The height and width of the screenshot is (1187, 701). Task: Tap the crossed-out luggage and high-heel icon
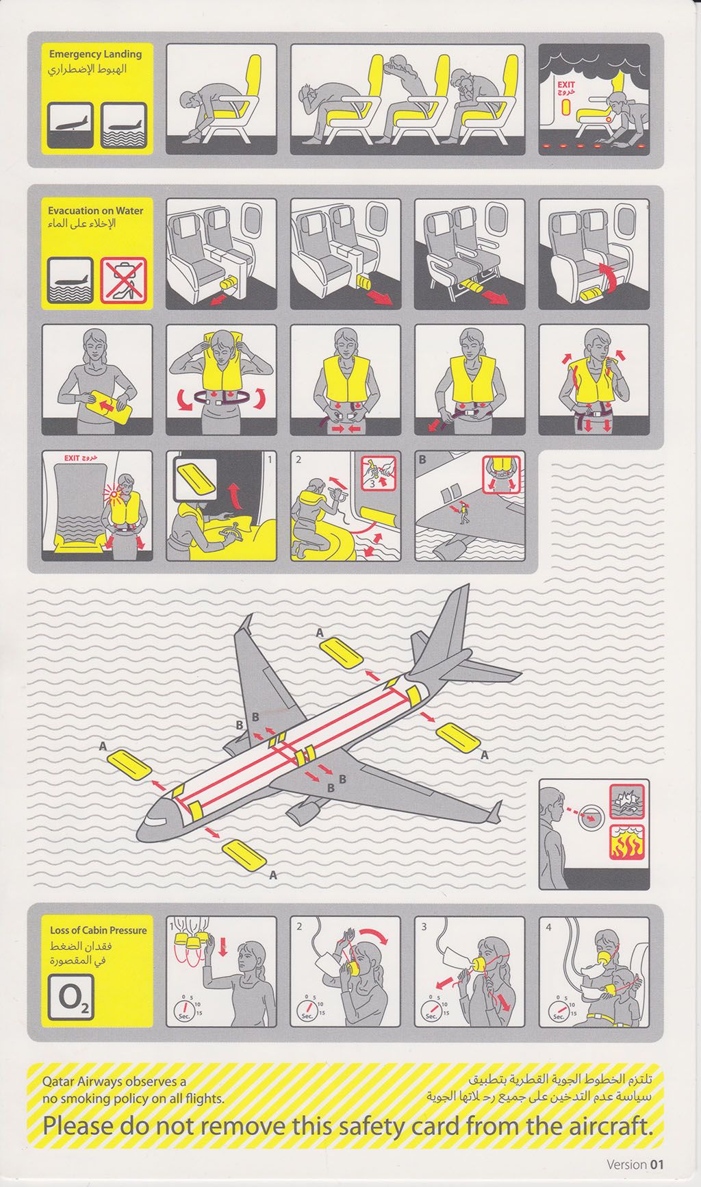pyautogui.click(x=123, y=279)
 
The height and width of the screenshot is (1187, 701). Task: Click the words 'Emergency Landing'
pyautogui.click(x=95, y=53)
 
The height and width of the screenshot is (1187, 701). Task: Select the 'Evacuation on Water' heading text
pyautogui.click(x=96, y=211)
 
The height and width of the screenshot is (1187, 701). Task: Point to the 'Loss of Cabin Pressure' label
pyautogui.click(x=99, y=930)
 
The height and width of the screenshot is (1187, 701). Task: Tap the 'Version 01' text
pyautogui.click(x=635, y=1164)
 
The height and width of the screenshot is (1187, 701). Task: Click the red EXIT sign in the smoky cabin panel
pyautogui.click(x=566, y=87)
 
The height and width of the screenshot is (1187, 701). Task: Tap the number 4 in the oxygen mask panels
pyautogui.click(x=548, y=927)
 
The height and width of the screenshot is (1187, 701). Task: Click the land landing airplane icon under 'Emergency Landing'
pyautogui.click(x=71, y=125)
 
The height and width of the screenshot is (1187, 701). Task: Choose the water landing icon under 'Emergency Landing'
pyautogui.click(x=123, y=125)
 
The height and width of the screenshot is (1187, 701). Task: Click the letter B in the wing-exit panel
pyautogui.click(x=422, y=460)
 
